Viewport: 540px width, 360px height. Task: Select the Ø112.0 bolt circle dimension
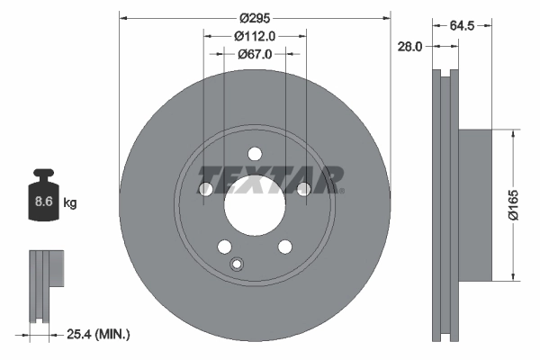[x=255, y=37]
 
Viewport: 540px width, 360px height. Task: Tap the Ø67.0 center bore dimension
[x=255, y=55]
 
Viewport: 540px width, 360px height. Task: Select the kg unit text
[x=70, y=204]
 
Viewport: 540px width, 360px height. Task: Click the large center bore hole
[x=255, y=207]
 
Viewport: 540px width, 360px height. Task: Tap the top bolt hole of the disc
[x=255, y=153]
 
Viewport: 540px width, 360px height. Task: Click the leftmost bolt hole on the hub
[x=205, y=189]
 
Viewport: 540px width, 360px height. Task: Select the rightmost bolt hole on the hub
[x=304, y=189]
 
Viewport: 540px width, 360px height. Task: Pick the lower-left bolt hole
[x=224, y=247]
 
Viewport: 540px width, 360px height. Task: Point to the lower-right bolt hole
[x=285, y=247]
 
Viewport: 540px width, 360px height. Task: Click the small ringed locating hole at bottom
[x=238, y=265]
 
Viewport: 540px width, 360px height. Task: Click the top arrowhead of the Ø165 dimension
[x=513, y=132]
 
